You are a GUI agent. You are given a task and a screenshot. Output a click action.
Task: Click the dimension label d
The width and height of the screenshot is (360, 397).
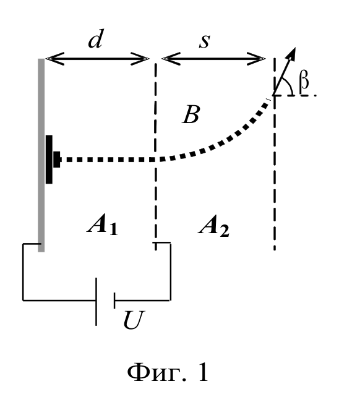tap(95, 39)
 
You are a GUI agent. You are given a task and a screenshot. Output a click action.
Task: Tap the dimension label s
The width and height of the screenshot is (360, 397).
tap(205, 41)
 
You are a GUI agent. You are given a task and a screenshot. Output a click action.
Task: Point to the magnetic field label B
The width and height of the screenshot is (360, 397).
tap(191, 114)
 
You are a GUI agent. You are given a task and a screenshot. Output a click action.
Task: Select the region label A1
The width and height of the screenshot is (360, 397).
tap(103, 225)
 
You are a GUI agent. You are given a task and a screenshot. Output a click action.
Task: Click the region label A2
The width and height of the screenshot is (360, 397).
tap(214, 226)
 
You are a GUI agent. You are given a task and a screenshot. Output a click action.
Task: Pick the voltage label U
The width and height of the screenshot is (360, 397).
tap(134, 320)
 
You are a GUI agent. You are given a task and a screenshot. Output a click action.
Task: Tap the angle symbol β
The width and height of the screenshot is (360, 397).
tap(304, 82)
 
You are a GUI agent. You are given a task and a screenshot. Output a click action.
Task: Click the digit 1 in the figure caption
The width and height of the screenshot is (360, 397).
tap(203, 372)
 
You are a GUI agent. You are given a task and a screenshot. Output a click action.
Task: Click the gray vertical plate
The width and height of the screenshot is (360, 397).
tap(41, 155)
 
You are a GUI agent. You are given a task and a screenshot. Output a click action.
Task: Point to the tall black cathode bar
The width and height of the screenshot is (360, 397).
tap(49, 160)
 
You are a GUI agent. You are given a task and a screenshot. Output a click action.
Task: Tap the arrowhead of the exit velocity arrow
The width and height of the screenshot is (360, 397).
tap(293, 53)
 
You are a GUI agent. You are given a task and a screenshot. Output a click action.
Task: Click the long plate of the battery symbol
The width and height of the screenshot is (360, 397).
tap(96, 302)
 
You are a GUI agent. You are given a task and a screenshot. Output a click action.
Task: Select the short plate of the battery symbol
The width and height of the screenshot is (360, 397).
tap(114, 301)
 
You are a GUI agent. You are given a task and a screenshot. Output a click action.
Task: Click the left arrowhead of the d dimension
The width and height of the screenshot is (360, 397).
tap(55, 59)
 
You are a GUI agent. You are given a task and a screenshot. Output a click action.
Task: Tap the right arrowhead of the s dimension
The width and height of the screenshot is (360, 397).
tap(256, 59)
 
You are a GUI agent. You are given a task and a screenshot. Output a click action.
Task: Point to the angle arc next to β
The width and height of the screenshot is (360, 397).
tap(289, 85)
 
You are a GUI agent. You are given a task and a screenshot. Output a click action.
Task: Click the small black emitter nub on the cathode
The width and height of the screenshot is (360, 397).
tap(58, 160)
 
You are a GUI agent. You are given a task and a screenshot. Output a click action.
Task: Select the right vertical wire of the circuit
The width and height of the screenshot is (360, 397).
tap(170, 271)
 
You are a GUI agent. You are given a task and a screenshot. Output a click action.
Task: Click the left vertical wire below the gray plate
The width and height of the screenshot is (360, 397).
tap(23, 272)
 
